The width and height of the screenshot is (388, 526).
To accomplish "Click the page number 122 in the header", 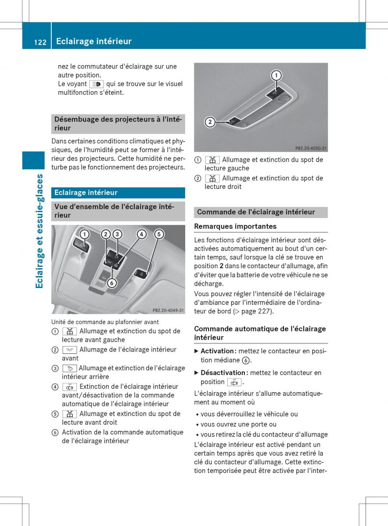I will click(40, 42).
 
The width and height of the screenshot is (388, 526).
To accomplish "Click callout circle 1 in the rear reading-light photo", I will click(276, 75).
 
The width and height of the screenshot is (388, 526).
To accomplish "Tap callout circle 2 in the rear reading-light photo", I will click(210, 122).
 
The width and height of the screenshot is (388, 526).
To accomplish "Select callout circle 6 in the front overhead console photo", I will click(112, 283).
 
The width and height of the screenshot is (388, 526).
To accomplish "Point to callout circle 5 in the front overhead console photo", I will click(159, 235).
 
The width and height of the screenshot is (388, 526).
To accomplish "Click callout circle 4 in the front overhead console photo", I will click(141, 235).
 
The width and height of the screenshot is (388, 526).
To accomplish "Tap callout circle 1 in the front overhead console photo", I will click(84, 235).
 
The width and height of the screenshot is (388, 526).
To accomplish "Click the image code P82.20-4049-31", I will click(168, 310).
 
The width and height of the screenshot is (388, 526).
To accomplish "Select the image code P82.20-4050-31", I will click(311, 148).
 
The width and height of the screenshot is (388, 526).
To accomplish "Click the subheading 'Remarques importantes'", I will click(235, 226).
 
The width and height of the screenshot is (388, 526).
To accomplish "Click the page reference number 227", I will click(266, 311).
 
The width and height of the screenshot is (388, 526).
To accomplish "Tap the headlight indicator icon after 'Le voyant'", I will click(96, 84).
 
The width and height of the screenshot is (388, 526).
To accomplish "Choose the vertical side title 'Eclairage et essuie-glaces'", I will click(40, 231).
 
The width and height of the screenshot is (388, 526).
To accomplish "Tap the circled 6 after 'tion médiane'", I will click(247, 360).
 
